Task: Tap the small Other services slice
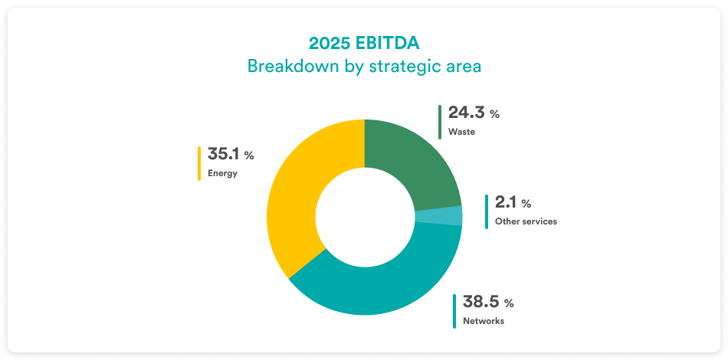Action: coord(439,216)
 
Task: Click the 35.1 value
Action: coord(223,155)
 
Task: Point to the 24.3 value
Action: coord(466,113)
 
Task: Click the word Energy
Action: coord(223,173)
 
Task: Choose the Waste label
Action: coord(461,132)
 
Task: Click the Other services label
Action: coord(526,221)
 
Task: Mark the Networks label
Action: coord(484,321)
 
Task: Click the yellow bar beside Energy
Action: coord(199,163)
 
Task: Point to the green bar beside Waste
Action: coord(440,122)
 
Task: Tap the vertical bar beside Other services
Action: coord(487,211)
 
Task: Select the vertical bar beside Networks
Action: coord(454,311)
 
